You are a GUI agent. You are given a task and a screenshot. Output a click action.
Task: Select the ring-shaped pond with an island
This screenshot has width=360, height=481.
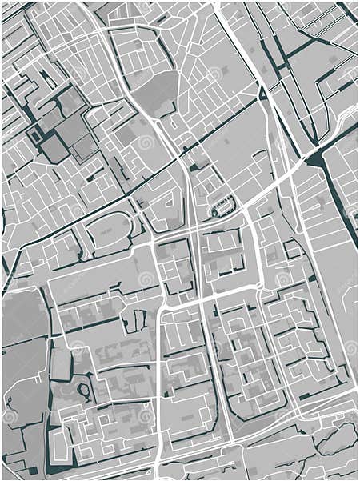point(84,391)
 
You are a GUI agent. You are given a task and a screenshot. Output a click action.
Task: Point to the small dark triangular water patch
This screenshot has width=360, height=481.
point(262,94)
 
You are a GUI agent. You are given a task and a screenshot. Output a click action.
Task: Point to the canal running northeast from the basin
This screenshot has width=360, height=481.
point(340,132)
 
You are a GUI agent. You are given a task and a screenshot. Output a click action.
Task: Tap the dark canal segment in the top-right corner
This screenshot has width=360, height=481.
point(347,11)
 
